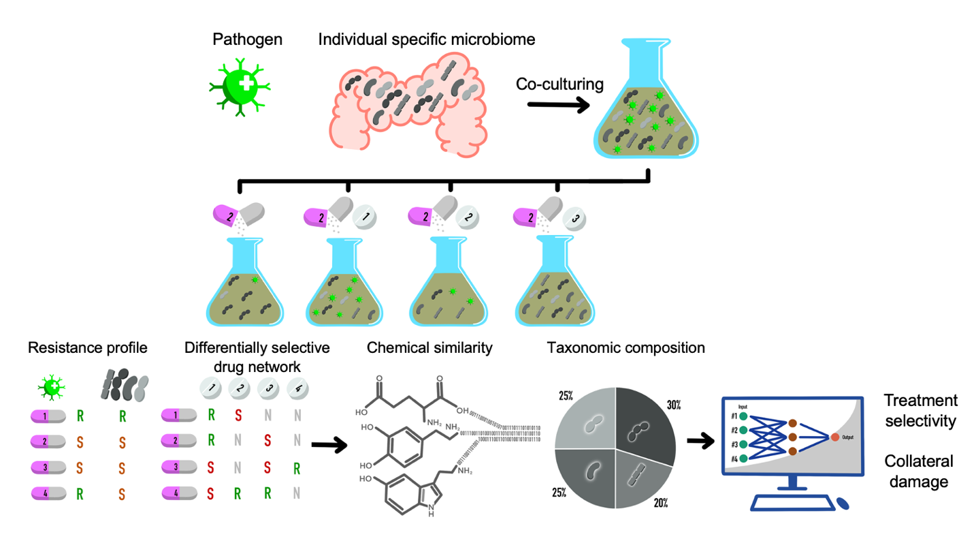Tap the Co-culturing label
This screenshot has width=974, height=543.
pyautogui.click(x=560, y=84)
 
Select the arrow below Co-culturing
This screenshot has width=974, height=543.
pyautogui.click(x=559, y=105)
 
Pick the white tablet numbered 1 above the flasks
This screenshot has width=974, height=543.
pyautogui.click(x=366, y=218)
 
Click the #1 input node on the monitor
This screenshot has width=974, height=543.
pyautogui.click(x=743, y=416)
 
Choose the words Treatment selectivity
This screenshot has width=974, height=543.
pyautogui.click(x=921, y=412)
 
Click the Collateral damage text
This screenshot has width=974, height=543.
pyautogui.click(x=918, y=471)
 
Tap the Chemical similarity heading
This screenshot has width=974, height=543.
pyautogui.click(x=429, y=348)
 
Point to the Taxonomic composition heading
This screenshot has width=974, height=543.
pyautogui.click(x=625, y=348)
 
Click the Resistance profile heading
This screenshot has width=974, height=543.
pyautogui.click(x=87, y=348)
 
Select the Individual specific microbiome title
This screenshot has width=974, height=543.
pyautogui.click(x=427, y=40)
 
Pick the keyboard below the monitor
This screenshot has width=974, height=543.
pyautogui.click(x=792, y=503)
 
